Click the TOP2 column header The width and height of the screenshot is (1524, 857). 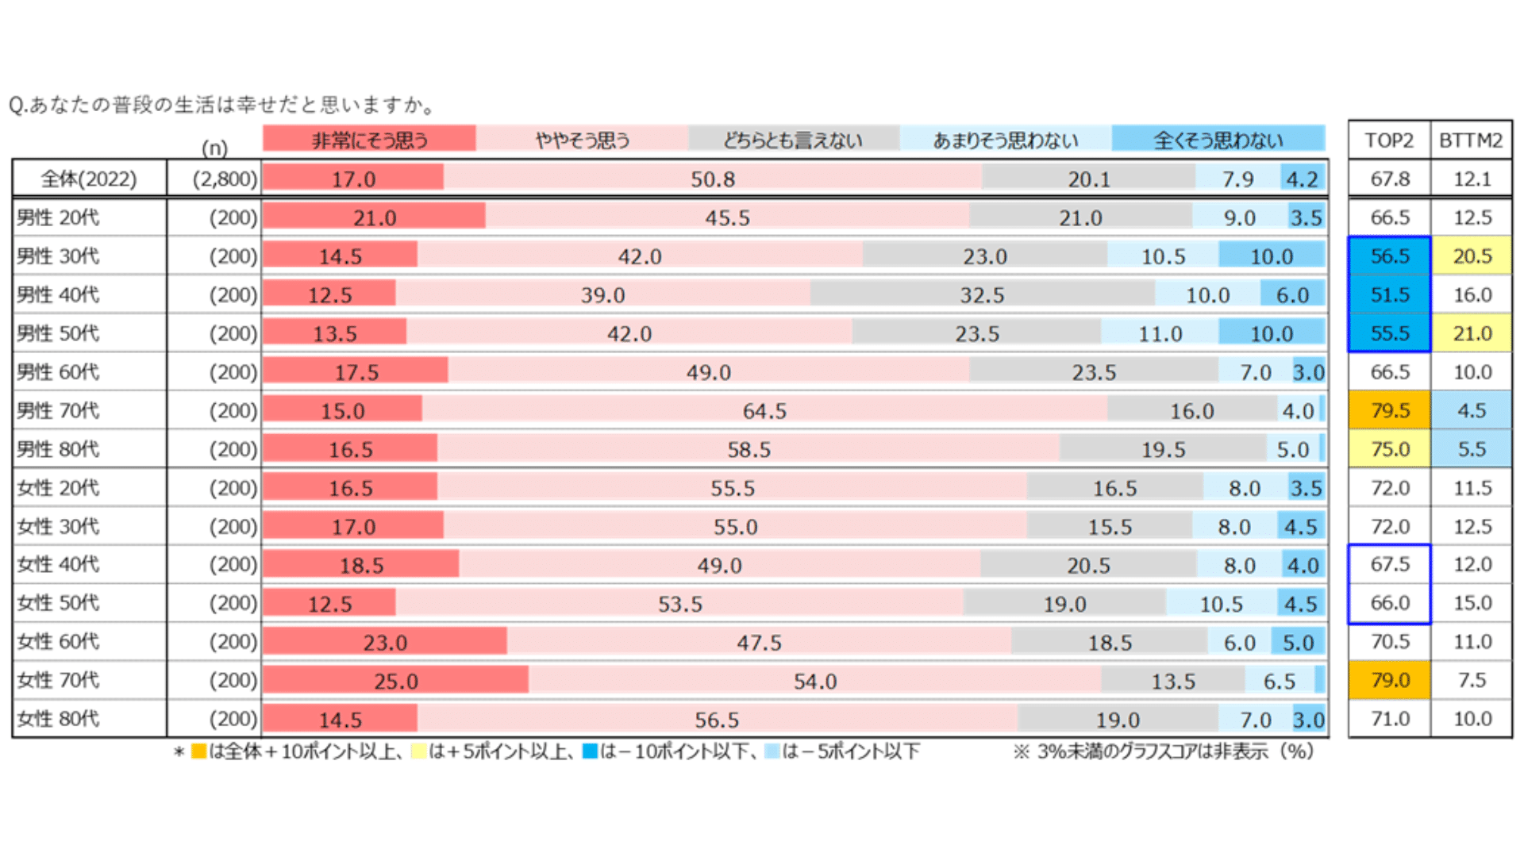1389,140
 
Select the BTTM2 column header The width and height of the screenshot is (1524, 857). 1471,140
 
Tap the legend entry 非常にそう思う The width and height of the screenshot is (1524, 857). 369,140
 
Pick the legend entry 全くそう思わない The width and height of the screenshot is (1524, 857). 1218,140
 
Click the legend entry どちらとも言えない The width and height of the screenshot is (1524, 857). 793,140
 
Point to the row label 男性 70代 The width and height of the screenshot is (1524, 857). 59,410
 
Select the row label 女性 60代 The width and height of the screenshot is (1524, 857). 59,641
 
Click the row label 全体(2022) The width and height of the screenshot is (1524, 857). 89,179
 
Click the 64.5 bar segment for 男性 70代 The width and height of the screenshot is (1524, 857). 764,410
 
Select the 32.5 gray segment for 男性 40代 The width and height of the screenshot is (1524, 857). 982,294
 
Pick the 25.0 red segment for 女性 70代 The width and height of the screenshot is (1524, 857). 395,680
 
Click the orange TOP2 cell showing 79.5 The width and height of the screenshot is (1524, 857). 1389,410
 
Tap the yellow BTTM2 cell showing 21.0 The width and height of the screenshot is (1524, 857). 1472,333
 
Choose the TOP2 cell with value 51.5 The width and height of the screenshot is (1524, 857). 1389,294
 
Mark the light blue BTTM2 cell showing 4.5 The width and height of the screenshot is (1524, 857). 1472,410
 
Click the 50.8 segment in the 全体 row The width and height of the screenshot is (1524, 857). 712,179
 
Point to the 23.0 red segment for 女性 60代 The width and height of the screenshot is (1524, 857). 385,641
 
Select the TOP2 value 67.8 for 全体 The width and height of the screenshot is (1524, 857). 1389,179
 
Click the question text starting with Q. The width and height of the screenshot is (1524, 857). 222,105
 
